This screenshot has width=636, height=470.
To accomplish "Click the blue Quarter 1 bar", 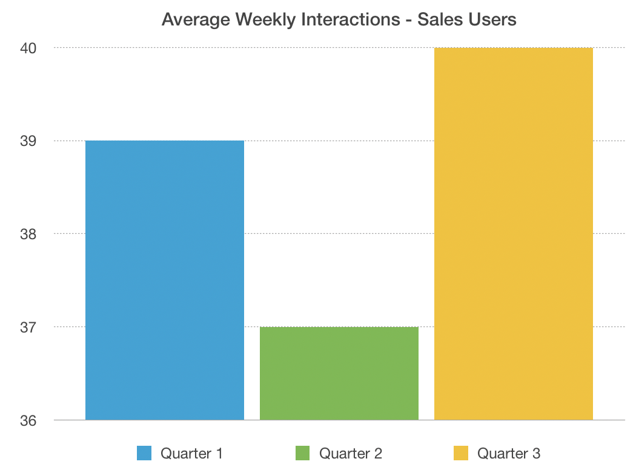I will click(165, 280).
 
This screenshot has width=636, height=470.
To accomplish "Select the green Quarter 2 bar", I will click(339, 373).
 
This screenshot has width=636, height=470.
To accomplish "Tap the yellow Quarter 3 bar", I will click(514, 234).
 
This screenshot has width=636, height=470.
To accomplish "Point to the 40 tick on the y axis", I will click(28, 48).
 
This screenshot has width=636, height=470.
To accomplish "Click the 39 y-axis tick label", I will click(28, 141).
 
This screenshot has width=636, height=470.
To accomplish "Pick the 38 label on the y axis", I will click(28, 234).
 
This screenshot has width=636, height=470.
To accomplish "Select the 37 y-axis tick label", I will click(28, 327).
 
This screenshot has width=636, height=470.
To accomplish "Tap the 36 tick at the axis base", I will click(28, 420).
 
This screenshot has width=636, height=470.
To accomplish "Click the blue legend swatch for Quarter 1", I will click(144, 453).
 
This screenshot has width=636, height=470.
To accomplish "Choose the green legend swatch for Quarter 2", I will click(303, 453).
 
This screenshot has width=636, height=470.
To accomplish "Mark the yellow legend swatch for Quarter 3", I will click(461, 453).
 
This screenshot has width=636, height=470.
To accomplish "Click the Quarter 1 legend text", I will click(191, 453).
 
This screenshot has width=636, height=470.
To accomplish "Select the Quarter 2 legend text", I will click(351, 453).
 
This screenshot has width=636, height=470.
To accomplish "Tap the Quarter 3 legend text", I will click(509, 453).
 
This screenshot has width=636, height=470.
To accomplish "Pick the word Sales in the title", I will click(438, 20).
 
